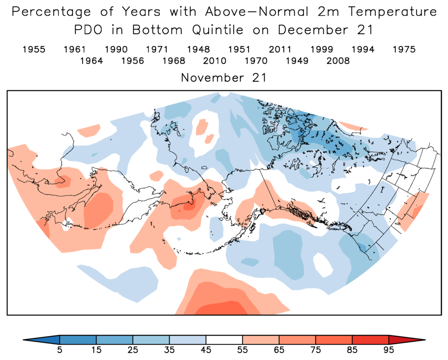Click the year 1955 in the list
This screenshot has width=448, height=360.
pos(34,49)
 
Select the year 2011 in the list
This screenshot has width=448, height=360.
pos(281,49)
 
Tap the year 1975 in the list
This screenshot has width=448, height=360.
pos(404,49)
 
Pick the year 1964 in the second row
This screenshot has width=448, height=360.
pos(91,61)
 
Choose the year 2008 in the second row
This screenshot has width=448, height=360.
pos(338,61)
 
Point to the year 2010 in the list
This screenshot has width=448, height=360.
pos(215,61)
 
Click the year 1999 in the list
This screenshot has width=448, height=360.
pos(322,49)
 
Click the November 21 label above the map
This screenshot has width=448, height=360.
pos(224,78)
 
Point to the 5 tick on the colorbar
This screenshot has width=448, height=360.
pos(60,350)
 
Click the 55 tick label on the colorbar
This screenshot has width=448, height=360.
pos(243,350)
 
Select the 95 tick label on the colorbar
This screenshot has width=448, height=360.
pos(389,350)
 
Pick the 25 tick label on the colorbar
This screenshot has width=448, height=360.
pos(133,350)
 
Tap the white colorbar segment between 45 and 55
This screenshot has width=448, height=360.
pos(224,339)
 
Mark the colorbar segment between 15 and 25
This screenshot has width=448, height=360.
pos(114,339)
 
